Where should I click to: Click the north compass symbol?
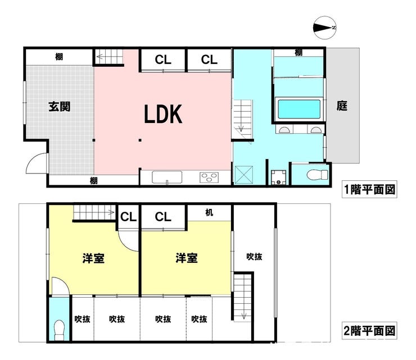pos(325,28)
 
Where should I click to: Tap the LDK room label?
pos(163,114)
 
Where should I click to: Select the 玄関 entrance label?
pos(60,106)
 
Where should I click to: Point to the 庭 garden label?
pos(342,106)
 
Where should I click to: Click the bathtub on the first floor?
pos(299,109)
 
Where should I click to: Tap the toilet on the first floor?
pos(317,175)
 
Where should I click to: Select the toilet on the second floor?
pos(59,330)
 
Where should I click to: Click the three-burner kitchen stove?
pos(209,177)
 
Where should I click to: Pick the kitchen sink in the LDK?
pos(167,177)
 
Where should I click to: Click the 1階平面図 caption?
pos(369,189)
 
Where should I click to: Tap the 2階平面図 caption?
pos(369,331)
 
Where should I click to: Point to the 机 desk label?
pos(209,213)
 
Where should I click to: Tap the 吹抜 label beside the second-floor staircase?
pos(254,257)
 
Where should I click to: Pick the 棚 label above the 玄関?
pos(59,57)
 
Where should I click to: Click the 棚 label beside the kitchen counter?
pos(94,181)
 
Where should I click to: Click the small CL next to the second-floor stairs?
pos(128,217)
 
